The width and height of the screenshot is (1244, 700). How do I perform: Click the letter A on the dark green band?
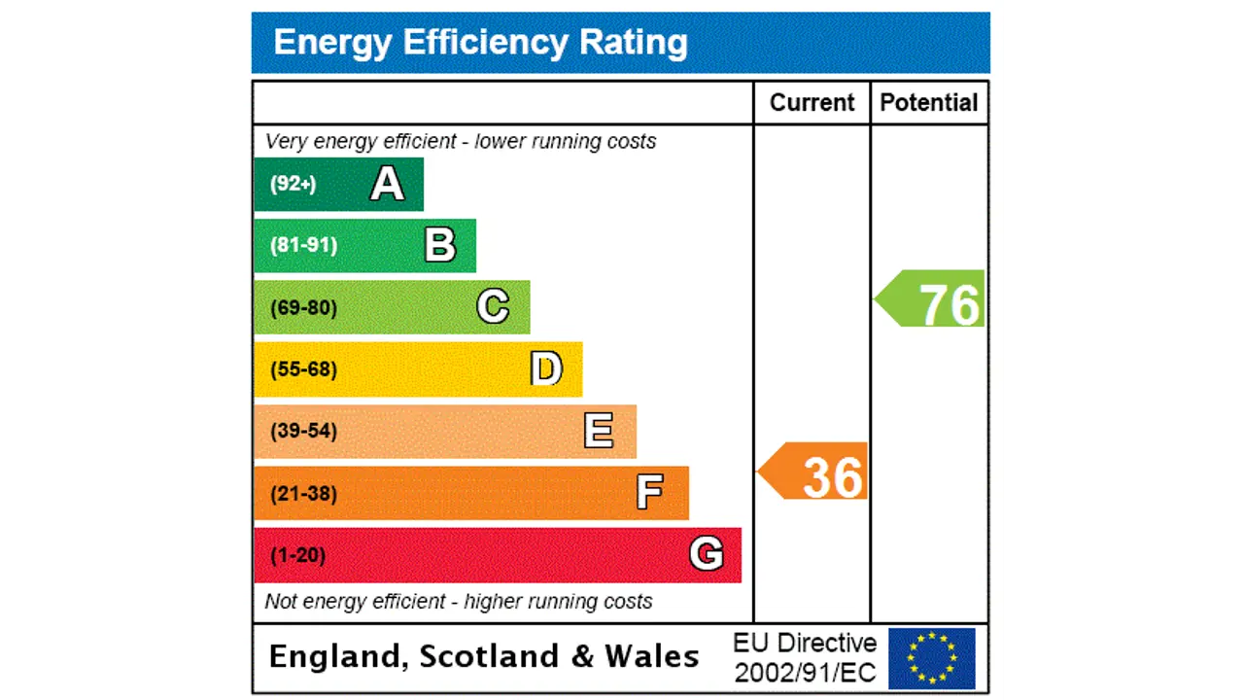click(x=387, y=184)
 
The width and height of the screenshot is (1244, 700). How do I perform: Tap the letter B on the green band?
click(x=440, y=245)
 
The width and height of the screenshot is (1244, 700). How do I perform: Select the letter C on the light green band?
click(x=493, y=307)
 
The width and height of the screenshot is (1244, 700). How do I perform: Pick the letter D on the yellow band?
click(x=546, y=369)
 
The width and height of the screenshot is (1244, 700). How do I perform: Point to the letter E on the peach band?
click(x=599, y=431)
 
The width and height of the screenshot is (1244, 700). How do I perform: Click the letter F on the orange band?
click(x=649, y=493)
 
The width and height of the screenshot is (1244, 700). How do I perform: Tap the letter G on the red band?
click(x=707, y=554)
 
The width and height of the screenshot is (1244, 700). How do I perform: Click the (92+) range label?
click(x=294, y=184)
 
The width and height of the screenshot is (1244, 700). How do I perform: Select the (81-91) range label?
click(x=304, y=245)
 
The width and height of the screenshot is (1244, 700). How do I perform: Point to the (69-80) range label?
click(x=304, y=308)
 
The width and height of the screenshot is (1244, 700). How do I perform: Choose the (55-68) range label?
click(x=304, y=369)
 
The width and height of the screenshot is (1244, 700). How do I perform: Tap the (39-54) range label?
click(x=304, y=431)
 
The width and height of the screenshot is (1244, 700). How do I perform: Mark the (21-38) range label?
click(x=304, y=494)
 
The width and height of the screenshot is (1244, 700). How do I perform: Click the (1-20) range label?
click(x=297, y=555)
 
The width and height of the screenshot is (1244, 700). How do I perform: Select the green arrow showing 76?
click(x=931, y=300)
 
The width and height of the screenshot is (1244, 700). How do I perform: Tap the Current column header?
click(x=812, y=103)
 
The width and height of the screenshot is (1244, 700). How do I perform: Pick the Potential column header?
click(x=929, y=103)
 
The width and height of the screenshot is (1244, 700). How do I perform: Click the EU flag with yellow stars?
click(x=931, y=658)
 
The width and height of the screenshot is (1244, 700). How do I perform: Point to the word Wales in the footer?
click(x=652, y=656)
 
